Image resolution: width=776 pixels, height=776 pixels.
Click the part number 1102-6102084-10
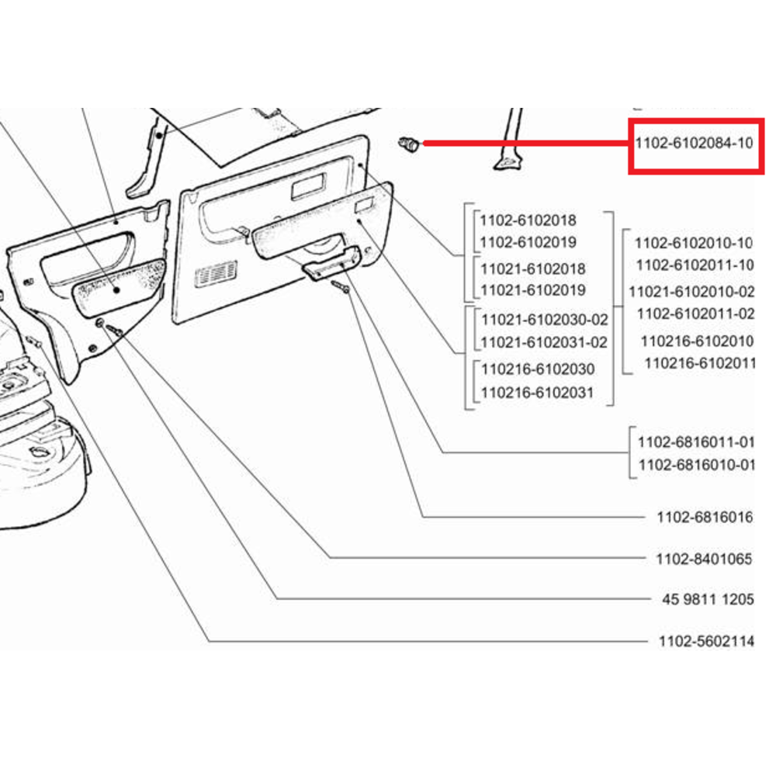point(694,144)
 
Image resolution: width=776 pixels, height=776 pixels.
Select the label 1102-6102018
point(528,220)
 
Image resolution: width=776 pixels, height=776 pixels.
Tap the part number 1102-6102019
point(528,243)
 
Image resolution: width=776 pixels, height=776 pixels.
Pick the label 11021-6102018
point(532,268)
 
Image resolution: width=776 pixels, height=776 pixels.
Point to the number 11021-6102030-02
point(544,320)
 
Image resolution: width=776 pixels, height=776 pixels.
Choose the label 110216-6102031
point(537,393)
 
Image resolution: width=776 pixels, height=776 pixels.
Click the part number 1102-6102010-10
point(694,243)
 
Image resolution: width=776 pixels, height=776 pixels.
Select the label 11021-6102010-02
point(691,292)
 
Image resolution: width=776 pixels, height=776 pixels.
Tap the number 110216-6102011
point(699,362)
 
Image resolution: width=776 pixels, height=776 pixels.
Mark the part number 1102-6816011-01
point(695,442)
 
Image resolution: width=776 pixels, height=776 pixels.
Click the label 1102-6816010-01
point(695,466)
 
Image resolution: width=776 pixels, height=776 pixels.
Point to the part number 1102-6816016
point(704,517)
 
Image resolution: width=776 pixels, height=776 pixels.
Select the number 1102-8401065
point(704,558)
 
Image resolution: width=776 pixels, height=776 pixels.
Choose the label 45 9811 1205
point(704,600)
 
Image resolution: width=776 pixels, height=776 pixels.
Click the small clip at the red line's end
point(408,143)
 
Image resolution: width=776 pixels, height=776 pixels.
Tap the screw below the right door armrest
point(341,287)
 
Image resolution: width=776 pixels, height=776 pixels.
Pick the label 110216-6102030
point(537,369)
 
